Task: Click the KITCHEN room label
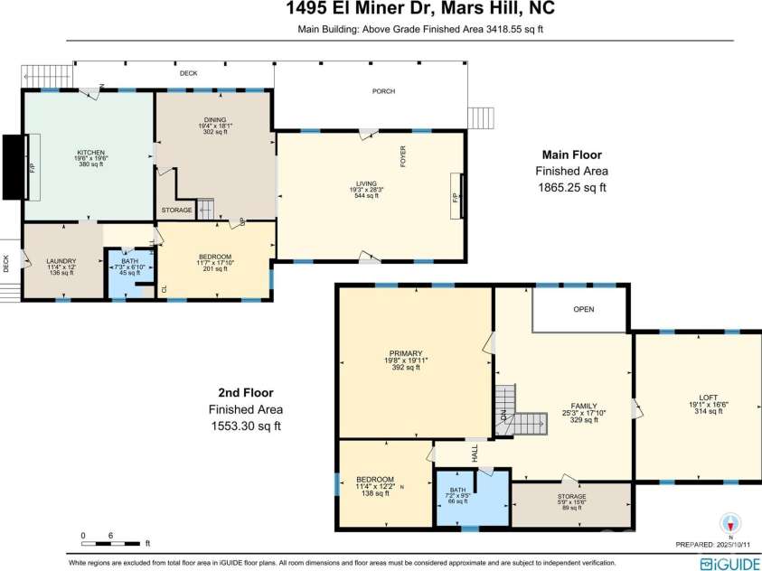(90, 152)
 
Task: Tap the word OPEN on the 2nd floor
(584, 309)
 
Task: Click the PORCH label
(383, 91)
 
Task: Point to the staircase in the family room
(519, 412)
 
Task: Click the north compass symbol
(731, 523)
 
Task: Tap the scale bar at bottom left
(112, 544)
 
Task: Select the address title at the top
(381, 10)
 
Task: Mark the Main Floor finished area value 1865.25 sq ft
(570, 188)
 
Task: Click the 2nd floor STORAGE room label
(571, 497)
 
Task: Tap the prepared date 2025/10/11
(735, 545)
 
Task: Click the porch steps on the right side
(480, 117)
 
